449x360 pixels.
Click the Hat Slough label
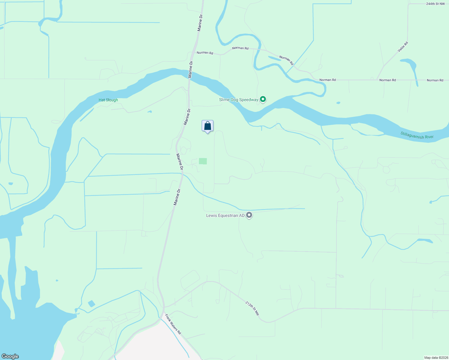(x=108, y=100)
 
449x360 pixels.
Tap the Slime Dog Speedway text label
(x=238, y=100)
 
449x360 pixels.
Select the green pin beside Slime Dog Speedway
(x=263, y=99)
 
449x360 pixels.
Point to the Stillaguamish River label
(x=417, y=135)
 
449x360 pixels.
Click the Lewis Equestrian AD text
(x=225, y=215)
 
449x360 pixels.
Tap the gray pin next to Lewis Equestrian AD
(x=249, y=215)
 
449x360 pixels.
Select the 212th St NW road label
(x=252, y=308)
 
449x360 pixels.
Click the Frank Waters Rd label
(x=173, y=324)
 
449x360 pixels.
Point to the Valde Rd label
(x=403, y=47)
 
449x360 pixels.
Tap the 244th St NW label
(x=435, y=4)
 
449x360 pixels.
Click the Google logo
(x=10, y=356)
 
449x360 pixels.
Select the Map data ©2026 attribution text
(x=435, y=358)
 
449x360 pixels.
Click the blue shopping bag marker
(x=207, y=126)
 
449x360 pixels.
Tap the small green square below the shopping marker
(x=203, y=161)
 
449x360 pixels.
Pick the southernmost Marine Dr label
(x=177, y=197)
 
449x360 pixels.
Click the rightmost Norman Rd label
(x=435, y=80)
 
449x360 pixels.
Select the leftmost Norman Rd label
(x=205, y=53)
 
